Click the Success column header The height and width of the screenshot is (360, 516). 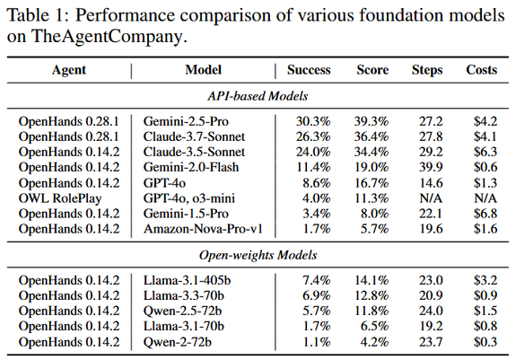[x=309, y=70]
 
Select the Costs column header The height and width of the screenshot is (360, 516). [x=481, y=70]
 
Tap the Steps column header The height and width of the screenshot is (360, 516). [x=427, y=70]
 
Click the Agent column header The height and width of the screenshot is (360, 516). [x=69, y=70]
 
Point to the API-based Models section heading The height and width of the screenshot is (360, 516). [x=258, y=96]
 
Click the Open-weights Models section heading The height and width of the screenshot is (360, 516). [x=258, y=255]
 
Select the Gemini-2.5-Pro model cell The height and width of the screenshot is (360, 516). [x=186, y=121]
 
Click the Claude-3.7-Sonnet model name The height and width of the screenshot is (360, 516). [x=194, y=136]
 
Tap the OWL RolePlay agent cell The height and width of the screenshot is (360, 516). [x=60, y=198]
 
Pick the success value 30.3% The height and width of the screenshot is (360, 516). [x=313, y=121]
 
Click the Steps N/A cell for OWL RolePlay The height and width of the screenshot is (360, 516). [x=431, y=198]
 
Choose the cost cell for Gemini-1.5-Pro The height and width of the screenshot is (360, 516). [x=485, y=214]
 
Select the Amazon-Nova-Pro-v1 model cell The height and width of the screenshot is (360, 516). [x=203, y=229]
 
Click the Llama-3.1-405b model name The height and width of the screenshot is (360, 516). [x=187, y=280]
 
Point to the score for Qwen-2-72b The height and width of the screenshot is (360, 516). [x=374, y=342]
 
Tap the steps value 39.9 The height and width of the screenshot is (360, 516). [x=431, y=167]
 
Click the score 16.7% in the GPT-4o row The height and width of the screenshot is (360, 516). [x=372, y=183]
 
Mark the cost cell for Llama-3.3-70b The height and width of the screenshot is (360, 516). [x=485, y=295]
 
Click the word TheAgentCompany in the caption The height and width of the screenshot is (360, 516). [x=107, y=36]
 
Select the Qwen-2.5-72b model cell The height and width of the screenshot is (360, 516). [x=182, y=311]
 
